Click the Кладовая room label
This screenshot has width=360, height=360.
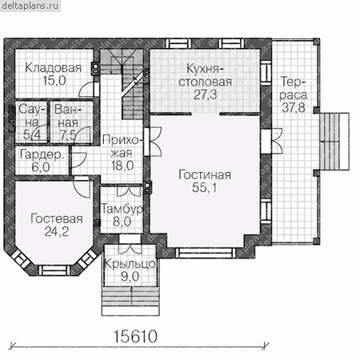[x=54, y=68]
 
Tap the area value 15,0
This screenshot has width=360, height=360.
[x=54, y=80]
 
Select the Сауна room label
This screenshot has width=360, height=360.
[x=31, y=116]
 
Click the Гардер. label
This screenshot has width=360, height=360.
[x=42, y=154]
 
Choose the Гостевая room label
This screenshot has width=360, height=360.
[x=57, y=218]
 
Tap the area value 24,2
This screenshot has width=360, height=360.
[x=57, y=231]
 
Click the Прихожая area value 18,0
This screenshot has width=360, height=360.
[x=122, y=166]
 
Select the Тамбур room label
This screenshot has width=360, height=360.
[x=122, y=209]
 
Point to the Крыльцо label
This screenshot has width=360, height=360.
[x=130, y=264]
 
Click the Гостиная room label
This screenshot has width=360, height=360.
[x=205, y=175]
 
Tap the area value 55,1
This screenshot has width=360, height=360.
[x=205, y=187]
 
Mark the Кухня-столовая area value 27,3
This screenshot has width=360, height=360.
[x=206, y=94]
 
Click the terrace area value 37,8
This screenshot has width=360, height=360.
[x=294, y=108]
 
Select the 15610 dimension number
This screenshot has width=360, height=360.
[x=135, y=337]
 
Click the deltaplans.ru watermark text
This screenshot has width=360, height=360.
[x=30, y=6]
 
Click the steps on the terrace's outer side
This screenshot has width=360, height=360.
[x=334, y=142]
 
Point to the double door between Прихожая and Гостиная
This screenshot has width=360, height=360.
[x=153, y=142]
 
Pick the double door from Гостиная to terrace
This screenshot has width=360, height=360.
[x=271, y=141]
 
